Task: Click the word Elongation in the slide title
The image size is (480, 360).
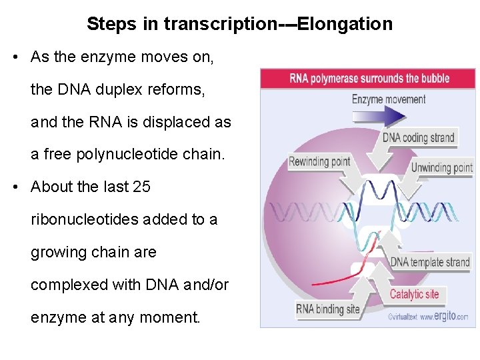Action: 345,25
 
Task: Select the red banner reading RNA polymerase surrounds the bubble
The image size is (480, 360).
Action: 369,78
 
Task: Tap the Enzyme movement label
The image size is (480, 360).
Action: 388,99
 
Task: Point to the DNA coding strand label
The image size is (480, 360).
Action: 418,138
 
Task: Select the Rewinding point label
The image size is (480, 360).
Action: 319,161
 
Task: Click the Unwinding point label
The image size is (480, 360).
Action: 441,167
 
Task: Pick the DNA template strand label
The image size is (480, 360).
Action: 429,262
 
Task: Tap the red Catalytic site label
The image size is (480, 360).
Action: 414,294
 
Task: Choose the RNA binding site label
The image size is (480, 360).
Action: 327,309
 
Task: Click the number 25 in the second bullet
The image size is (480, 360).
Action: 142,187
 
